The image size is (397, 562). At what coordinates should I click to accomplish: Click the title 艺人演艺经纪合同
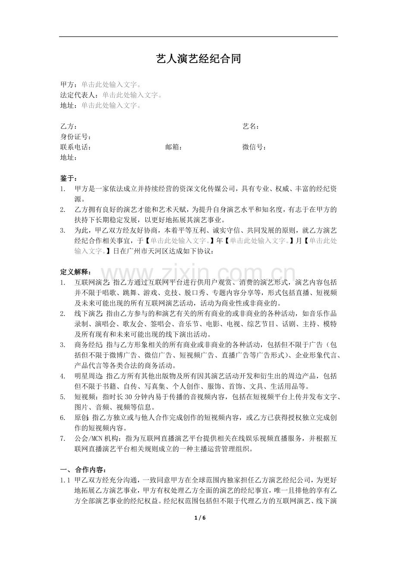(198, 59)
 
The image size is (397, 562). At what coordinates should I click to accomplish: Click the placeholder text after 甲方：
(111, 85)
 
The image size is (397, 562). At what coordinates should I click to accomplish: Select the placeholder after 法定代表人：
(132, 95)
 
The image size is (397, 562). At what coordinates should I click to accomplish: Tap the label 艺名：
(251, 126)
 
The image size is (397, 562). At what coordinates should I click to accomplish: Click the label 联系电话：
(76, 147)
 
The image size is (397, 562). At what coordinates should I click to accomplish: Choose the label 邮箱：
(174, 147)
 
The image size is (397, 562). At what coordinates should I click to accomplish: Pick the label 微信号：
(254, 147)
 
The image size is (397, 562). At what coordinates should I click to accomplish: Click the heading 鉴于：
(69, 178)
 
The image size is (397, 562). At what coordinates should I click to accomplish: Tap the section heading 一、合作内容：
(82, 469)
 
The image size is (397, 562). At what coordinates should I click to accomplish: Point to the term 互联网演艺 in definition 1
(89, 283)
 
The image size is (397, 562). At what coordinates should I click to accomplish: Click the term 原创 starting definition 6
(81, 417)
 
